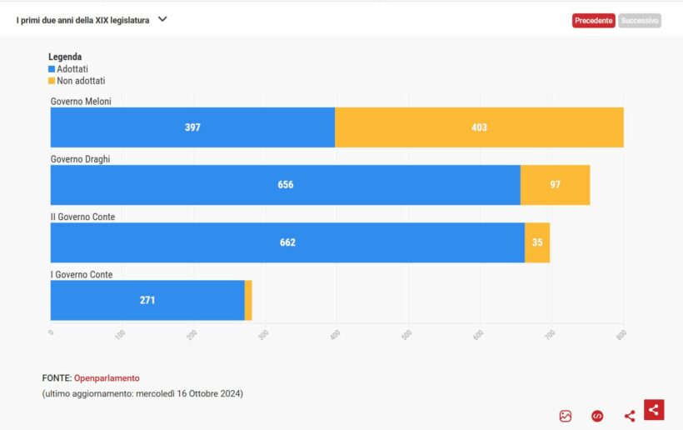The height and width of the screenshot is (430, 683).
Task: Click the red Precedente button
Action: (x=593, y=21)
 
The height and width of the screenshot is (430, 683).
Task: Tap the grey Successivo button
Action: (x=640, y=21)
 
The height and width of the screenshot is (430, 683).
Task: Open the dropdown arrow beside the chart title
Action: (x=162, y=19)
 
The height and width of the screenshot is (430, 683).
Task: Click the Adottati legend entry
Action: (x=68, y=69)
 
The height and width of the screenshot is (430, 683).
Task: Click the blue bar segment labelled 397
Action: (x=192, y=127)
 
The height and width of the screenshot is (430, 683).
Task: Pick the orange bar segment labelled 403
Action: (x=479, y=127)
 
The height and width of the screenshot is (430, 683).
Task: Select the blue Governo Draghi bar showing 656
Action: (x=285, y=185)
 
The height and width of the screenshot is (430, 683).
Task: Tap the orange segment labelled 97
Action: (x=555, y=185)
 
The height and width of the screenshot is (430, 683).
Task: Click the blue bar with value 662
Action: (x=287, y=242)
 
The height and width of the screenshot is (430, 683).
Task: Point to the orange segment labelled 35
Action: (x=537, y=242)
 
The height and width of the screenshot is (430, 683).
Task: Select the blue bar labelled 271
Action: (x=147, y=300)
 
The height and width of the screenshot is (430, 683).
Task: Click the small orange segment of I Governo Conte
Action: (x=248, y=300)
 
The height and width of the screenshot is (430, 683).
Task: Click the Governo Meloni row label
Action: (x=81, y=102)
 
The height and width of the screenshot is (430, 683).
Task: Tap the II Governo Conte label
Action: (x=82, y=217)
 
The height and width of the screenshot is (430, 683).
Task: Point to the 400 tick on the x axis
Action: (x=337, y=334)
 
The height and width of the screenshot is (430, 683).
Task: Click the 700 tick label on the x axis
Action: (x=551, y=334)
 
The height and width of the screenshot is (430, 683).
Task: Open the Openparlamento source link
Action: (x=107, y=378)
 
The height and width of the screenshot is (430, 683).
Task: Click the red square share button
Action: (x=654, y=409)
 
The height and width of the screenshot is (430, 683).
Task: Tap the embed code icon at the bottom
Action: (x=597, y=416)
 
